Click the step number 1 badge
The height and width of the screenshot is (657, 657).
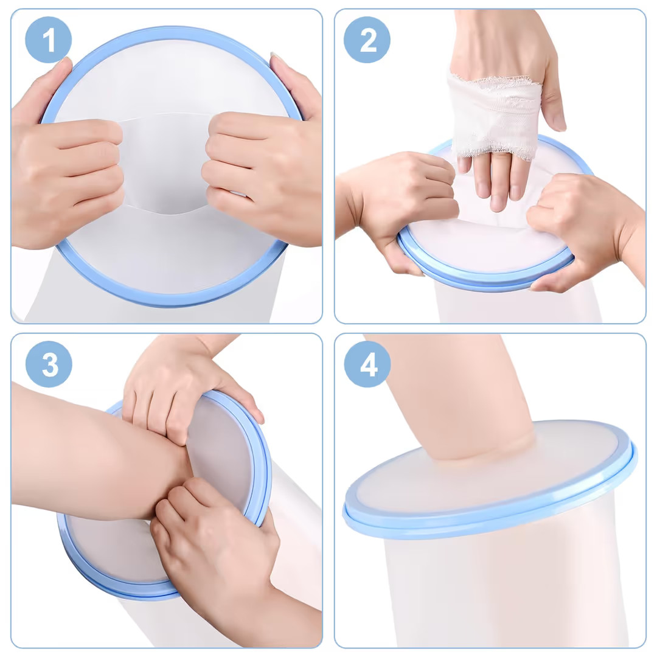49,40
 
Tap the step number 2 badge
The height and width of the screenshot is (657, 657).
367,40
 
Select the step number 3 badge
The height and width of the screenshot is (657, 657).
49,364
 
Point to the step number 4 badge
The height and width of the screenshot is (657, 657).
367,364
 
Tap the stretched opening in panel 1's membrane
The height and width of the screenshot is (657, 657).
166,164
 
